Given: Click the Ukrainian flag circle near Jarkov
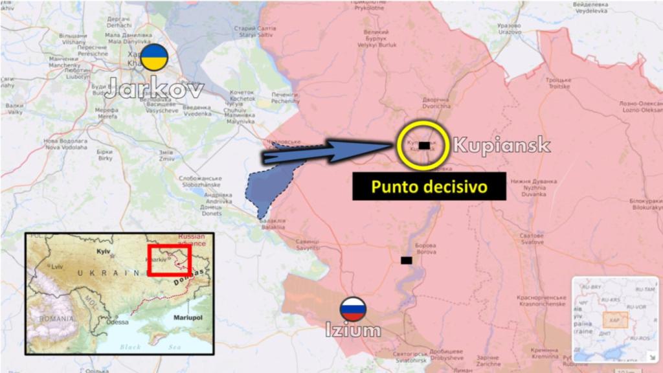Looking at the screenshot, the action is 155,58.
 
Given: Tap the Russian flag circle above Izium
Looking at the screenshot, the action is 354,310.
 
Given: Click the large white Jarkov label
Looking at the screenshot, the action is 155,89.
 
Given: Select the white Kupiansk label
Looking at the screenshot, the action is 501,145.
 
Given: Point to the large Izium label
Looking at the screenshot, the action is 353,331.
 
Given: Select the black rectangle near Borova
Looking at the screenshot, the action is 406,260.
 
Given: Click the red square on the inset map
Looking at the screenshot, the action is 168,260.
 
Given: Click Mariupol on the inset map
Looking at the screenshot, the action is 188,318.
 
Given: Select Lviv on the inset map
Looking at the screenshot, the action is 58,266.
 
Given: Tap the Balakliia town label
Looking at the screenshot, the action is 272,224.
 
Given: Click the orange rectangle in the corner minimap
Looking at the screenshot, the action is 614,319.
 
